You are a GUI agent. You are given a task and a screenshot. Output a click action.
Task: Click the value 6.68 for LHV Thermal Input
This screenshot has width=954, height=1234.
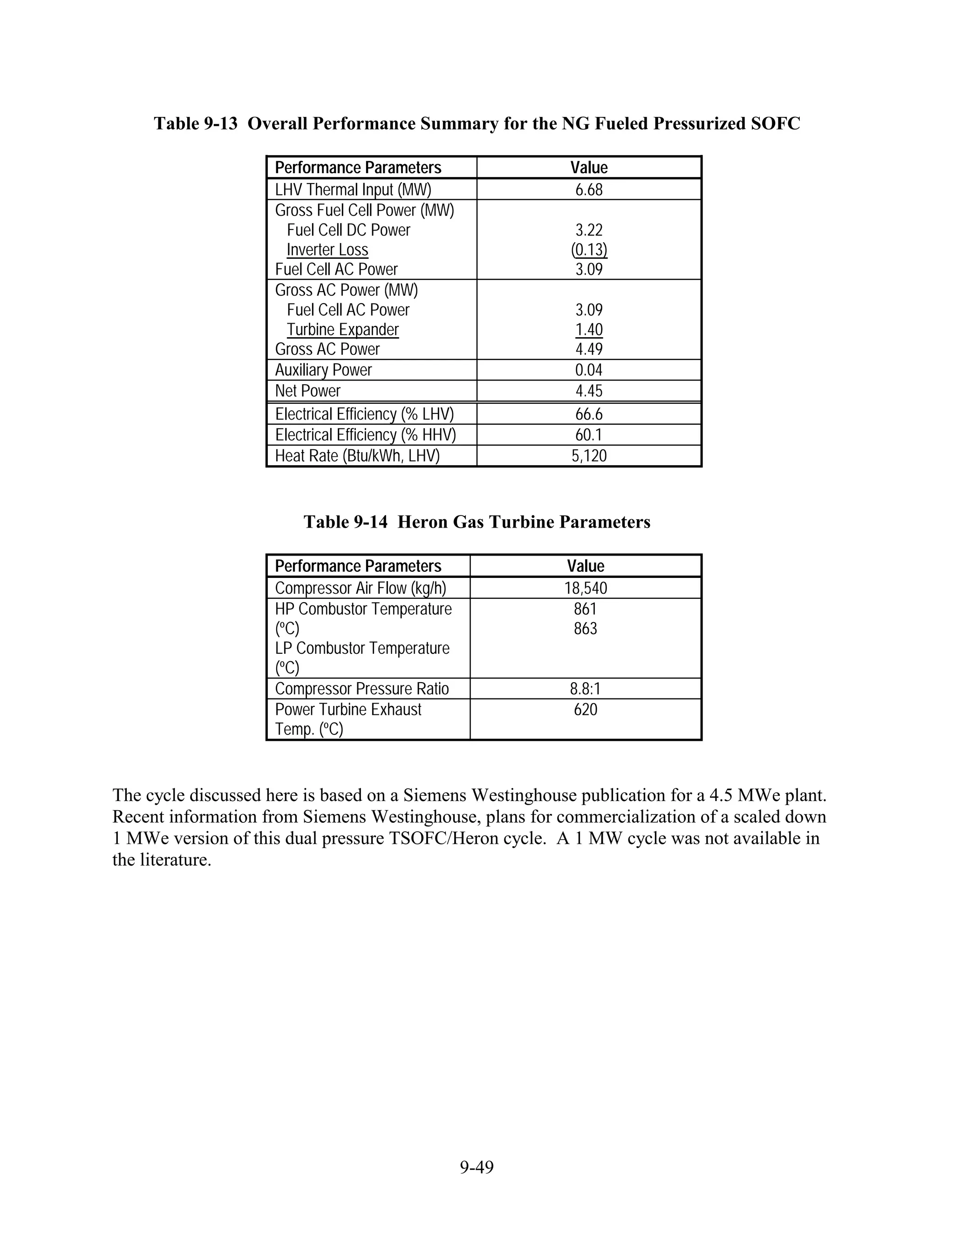tap(589, 190)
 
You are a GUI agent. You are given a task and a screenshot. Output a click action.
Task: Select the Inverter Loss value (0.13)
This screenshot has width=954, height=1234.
tap(589, 250)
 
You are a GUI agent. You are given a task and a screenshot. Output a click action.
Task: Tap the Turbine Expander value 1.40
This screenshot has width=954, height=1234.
tap(589, 329)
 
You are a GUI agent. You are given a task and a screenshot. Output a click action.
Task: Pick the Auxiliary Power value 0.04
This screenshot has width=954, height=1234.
tap(589, 370)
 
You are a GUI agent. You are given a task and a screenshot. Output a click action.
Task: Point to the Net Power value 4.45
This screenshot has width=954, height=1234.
tap(589, 391)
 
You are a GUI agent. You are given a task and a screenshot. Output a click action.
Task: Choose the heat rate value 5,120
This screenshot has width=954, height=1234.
tap(589, 456)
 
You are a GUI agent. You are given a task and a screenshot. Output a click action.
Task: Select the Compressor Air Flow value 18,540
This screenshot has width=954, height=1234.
tap(586, 588)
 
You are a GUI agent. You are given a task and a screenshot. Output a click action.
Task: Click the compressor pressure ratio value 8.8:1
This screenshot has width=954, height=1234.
tap(586, 689)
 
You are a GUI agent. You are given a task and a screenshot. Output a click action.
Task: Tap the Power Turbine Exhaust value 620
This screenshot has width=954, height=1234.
tap(586, 710)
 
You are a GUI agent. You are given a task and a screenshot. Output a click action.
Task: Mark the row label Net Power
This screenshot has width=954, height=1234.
tap(308, 391)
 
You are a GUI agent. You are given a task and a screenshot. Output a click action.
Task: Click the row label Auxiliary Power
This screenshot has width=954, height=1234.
tap(323, 370)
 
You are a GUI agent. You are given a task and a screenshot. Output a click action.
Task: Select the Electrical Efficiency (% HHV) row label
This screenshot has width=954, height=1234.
tap(365, 435)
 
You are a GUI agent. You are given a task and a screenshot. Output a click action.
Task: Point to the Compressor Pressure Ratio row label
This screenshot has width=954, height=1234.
tap(361, 689)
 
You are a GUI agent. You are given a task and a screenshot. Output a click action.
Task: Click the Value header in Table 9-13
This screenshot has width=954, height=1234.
tap(589, 168)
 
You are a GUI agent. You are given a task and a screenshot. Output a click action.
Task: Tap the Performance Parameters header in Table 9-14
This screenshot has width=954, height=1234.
tap(358, 566)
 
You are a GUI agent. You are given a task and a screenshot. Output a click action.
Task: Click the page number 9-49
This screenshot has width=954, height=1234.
tap(477, 1167)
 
